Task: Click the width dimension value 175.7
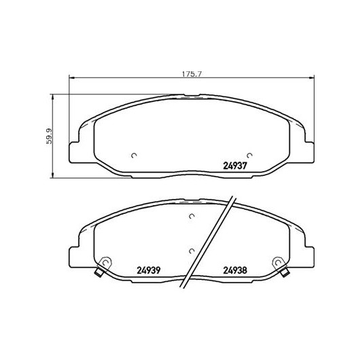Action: [x=192, y=74]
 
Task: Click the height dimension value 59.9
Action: [x=49, y=136]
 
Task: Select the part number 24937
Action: [x=235, y=166]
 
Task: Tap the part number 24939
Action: [x=148, y=270]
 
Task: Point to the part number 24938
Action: [x=235, y=270]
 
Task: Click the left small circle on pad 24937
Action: [x=134, y=156]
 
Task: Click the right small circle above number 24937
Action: [x=249, y=156]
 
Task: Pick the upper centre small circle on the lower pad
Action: [x=192, y=216]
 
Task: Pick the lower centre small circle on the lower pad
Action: [x=192, y=251]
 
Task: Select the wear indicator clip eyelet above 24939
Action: [x=106, y=262]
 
